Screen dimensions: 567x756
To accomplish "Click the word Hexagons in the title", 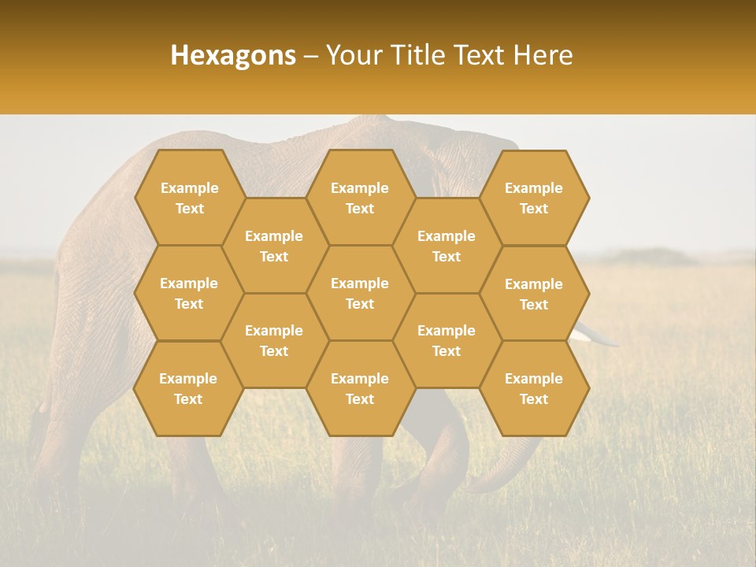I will coord(233,55).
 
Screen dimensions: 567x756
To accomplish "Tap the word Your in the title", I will coord(351,55).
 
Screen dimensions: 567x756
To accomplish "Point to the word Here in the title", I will coord(543,55).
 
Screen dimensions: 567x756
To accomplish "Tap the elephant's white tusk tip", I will coord(610,341).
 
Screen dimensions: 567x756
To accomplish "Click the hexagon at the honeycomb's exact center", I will coord(360,293).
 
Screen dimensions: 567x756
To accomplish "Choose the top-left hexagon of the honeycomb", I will coord(189,198).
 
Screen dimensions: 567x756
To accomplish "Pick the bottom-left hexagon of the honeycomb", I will coord(188,388).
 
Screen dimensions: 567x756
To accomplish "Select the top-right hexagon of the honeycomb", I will coord(534,198).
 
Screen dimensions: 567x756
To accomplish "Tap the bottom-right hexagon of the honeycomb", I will coord(534,388).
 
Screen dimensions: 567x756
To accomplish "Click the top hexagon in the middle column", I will coord(360,198).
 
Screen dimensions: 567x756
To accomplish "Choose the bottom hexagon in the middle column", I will coord(360,388).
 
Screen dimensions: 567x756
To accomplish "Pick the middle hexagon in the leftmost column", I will coord(189,293).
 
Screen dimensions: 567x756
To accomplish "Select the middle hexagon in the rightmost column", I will coord(534,294).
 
